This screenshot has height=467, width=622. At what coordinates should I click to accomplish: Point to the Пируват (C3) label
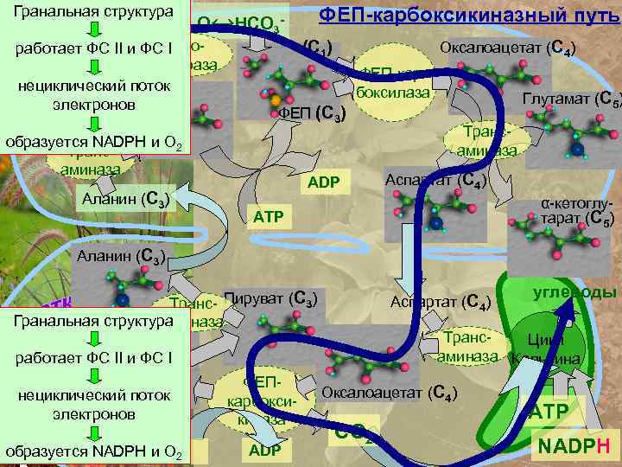pyautogui.click(x=271, y=299)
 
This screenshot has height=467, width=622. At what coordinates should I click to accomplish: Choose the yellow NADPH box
pyautogui.click(x=574, y=446)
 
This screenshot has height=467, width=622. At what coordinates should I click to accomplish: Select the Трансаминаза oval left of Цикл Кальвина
pyautogui.click(x=468, y=346)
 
